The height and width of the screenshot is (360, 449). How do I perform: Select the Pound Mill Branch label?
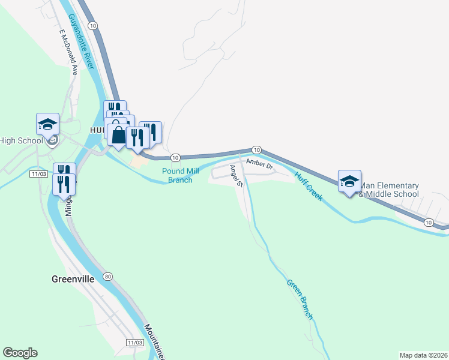[x=180, y=175]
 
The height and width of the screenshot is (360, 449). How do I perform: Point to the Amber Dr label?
[x=260, y=163]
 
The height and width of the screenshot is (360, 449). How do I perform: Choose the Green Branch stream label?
[x=300, y=300]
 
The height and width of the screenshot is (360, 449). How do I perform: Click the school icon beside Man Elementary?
[x=349, y=181]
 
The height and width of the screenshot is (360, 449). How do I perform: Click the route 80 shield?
[x=107, y=277]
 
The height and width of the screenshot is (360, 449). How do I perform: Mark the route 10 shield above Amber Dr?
[x=256, y=149]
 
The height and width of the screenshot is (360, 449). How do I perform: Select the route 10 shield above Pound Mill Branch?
[x=175, y=157]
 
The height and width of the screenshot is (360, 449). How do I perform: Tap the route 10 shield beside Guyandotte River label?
[x=92, y=25]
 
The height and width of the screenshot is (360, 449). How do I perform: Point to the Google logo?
[x=20, y=353]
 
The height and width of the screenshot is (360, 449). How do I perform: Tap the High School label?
[x=22, y=141]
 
